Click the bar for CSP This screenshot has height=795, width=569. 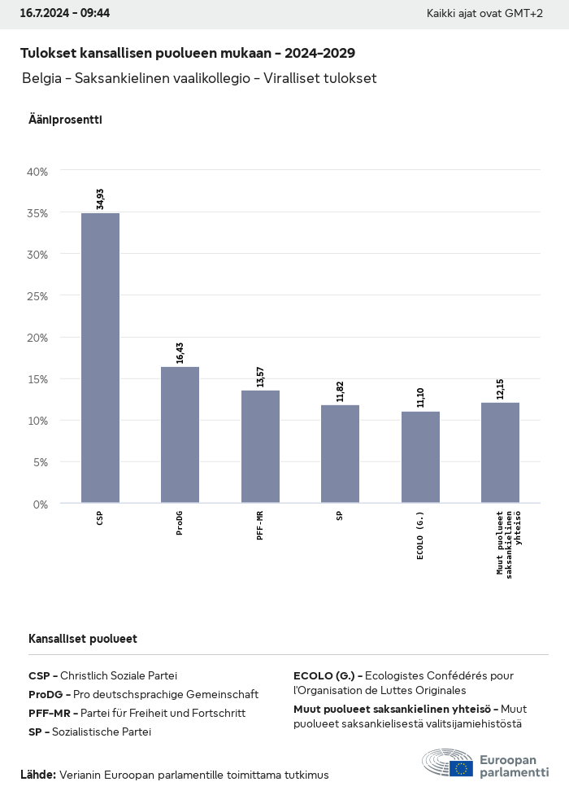tap(100, 358)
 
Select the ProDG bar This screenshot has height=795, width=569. tap(180, 435)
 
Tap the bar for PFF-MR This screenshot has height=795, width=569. tap(260, 447)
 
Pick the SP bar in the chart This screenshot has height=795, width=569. tap(340, 454)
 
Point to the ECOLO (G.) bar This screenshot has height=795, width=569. tap(420, 457)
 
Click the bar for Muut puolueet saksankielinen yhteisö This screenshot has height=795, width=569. tap(500, 452)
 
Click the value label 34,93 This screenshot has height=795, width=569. tap(100, 199)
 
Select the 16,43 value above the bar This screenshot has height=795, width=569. tap(180, 353)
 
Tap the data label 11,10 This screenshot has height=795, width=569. tap(420, 398)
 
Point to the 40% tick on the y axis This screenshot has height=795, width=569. tap(37, 172)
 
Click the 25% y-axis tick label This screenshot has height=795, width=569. tap(37, 296)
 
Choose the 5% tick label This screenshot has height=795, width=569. tap(40, 462)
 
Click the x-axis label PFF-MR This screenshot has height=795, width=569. tap(260, 526)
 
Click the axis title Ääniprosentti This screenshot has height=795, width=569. tap(65, 120)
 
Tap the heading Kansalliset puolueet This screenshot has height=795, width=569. tap(83, 639)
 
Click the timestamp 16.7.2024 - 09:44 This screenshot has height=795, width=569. tap(65, 13)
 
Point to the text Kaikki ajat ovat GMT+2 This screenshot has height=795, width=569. tap(484, 14)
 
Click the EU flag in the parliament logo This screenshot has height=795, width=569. tap(461, 768)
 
